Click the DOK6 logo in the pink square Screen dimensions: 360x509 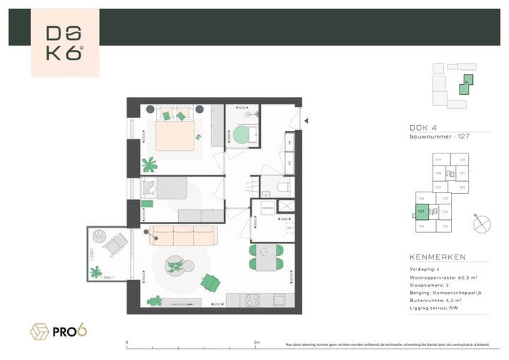point(65,43)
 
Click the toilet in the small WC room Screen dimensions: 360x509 point(282,187)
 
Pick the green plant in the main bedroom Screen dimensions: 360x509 point(150,166)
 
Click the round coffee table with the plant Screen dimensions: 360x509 point(175,266)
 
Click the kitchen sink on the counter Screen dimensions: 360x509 point(278,300)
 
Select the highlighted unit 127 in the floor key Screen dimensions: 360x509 point(421,211)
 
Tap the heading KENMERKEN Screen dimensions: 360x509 point(437,257)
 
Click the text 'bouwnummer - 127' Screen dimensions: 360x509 point(439,137)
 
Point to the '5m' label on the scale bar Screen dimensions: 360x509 point(256,342)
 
